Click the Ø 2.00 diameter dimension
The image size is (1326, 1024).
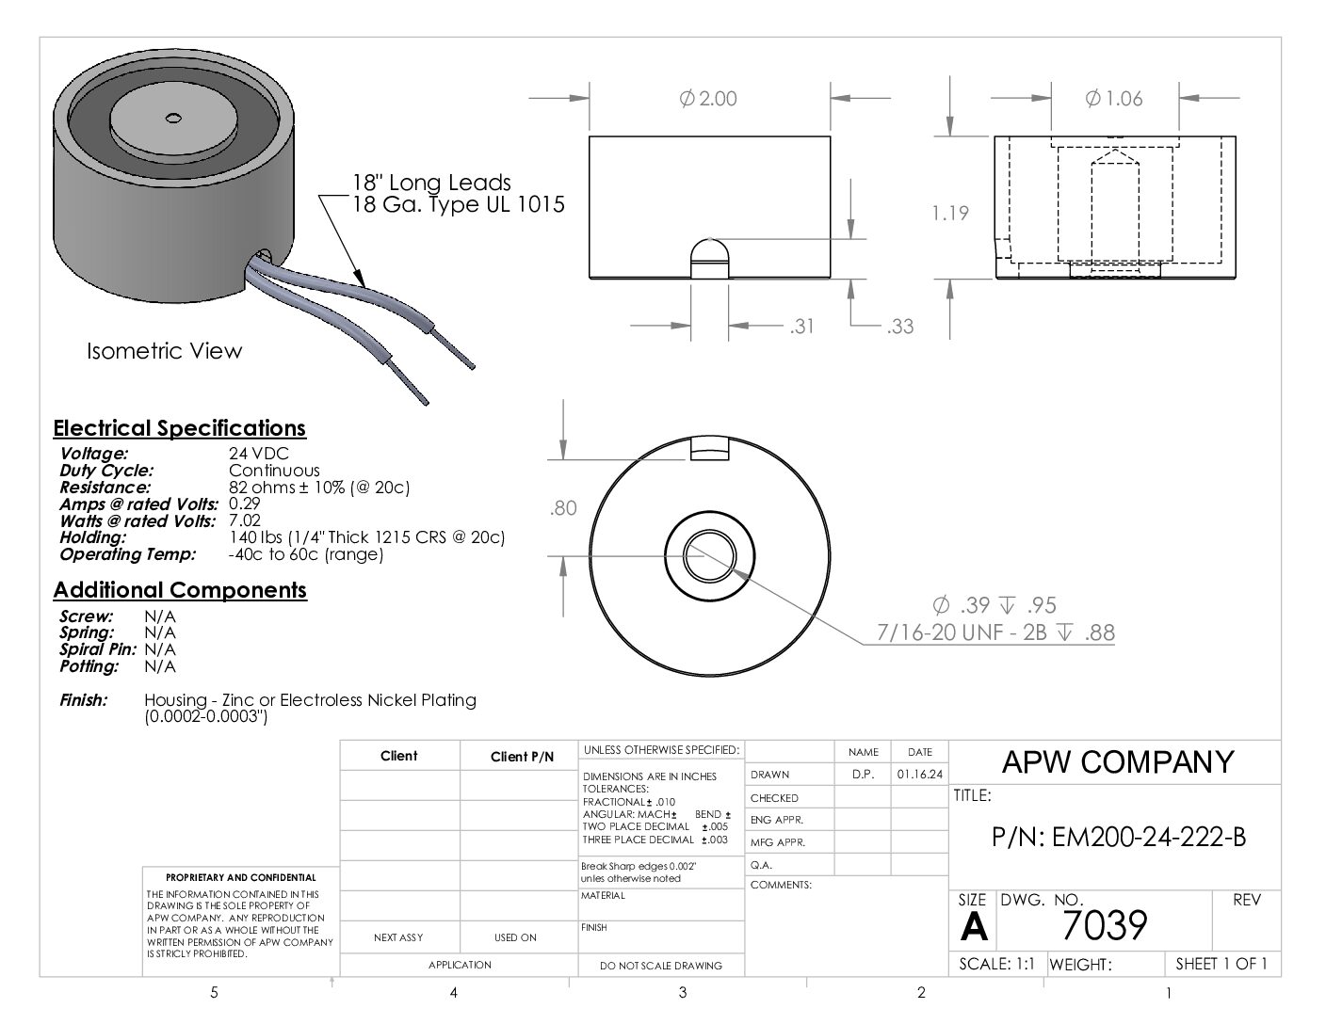[x=708, y=98]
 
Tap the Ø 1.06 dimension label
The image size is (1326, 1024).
[x=1114, y=98]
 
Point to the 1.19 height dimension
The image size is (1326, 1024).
[x=950, y=213]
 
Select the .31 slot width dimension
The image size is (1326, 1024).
[x=801, y=327]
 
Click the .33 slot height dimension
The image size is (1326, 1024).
[x=900, y=327]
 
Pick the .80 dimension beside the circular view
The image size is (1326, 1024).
[x=563, y=508]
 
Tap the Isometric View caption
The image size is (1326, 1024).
[x=164, y=351]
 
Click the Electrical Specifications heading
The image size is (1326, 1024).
[x=179, y=428]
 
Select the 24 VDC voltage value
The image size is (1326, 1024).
[x=259, y=453]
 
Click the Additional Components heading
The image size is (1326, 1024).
[x=180, y=590]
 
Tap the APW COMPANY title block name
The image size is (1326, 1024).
[x=1118, y=761]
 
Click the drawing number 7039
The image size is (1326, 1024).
[x=1105, y=925]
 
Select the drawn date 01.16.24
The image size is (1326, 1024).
[x=919, y=775]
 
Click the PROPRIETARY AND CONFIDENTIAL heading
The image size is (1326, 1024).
[x=241, y=877]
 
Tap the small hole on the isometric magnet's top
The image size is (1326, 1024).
[x=173, y=118]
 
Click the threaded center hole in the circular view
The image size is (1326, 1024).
[x=710, y=556]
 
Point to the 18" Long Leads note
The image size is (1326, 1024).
[x=431, y=183]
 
